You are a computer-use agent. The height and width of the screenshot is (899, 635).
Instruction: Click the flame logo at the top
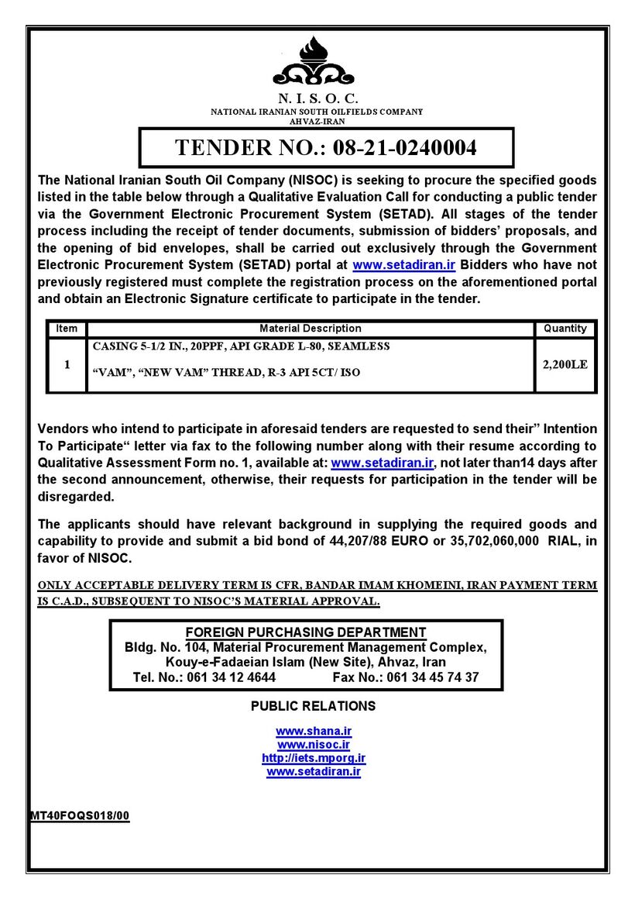click(314, 62)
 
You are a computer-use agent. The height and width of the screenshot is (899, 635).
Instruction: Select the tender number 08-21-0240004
click(405, 147)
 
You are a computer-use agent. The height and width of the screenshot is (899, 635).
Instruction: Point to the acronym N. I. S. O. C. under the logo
click(317, 98)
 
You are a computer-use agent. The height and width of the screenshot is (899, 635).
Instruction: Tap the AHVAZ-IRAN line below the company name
click(317, 121)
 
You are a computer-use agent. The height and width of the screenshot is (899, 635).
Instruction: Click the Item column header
click(67, 329)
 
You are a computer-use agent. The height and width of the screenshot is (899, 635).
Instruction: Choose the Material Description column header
click(310, 329)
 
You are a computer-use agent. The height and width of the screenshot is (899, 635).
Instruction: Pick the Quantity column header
click(565, 329)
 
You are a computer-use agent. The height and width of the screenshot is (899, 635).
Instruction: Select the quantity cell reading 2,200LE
click(565, 364)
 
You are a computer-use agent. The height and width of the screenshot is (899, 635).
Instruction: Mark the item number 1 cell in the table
click(67, 364)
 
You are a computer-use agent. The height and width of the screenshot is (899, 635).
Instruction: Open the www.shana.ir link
click(314, 731)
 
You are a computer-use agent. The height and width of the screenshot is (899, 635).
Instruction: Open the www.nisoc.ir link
click(314, 745)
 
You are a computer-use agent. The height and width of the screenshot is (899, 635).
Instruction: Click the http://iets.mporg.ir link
click(314, 758)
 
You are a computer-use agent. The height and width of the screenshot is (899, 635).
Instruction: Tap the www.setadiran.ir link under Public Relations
click(314, 772)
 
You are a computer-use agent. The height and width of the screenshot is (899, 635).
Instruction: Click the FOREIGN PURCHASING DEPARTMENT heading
click(306, 632)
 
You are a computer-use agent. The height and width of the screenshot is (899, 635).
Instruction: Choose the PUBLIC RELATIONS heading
click(314, 706)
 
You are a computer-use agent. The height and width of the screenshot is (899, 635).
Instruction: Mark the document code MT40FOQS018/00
click(80, 815)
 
